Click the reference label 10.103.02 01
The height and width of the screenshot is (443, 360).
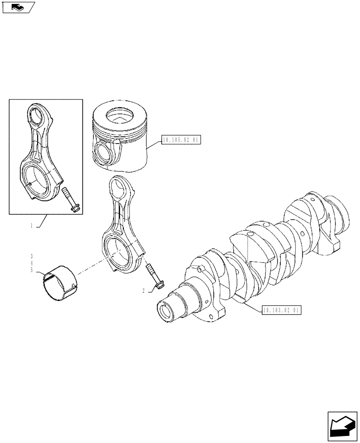[x=282, y=311]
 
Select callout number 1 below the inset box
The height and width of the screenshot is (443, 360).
[x=31, y=225]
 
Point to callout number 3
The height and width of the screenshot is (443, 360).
[x=32, y=256]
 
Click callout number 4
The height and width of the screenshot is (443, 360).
[x=32, y=263]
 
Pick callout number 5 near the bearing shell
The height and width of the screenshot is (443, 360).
[x=32, y=270]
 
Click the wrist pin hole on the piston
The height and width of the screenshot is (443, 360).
[x=102, y=153]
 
